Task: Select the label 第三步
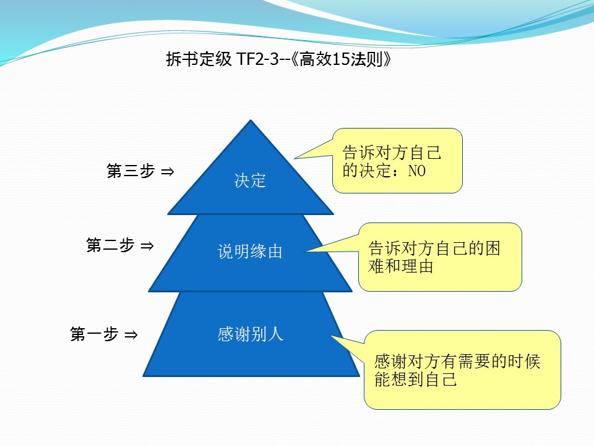coord(131,172)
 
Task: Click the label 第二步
coord(110,246)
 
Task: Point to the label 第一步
coord(94,335)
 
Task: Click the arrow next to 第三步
coord(167,172)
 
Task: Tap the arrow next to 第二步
coord(147,246)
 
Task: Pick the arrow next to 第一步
coord(131,335)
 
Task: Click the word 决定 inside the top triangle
coord(250,180)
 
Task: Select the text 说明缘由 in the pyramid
coord(250,252)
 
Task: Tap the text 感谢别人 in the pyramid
coord(250,334)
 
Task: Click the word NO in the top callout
coord(417,171)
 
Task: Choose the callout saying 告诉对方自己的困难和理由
coord(440,257)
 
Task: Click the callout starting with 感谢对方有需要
coord(462,370)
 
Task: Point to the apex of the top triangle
coord(250,122)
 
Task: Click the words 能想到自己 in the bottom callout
coord(416,379)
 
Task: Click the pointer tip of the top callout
coord(295,159)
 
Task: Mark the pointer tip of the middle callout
coord(305,251)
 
